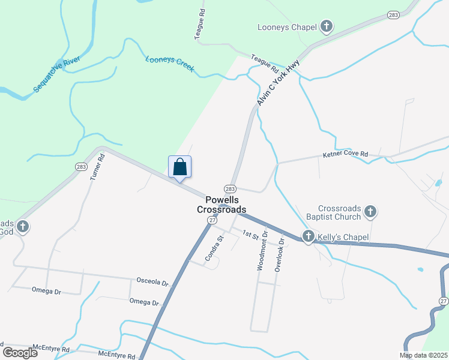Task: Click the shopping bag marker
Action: click(x=180, y=167)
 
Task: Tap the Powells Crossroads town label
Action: click(x=221, y=205)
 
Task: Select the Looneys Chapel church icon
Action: click(x=326, y=26)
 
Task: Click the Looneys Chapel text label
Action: click(x=286, y=27)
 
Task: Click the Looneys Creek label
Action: click(x=170, y=64)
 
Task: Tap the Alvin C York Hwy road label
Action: click(x=279, y=86)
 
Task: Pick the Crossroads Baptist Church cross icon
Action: click(x=370, y=211)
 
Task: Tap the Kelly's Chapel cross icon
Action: click(x=309, y=237)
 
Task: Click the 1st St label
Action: click(x=250, y=233)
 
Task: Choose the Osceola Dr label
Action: click(x=150, y=281)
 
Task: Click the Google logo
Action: click(x=20, y=352)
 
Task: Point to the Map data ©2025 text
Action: click(x=423, y=355)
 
